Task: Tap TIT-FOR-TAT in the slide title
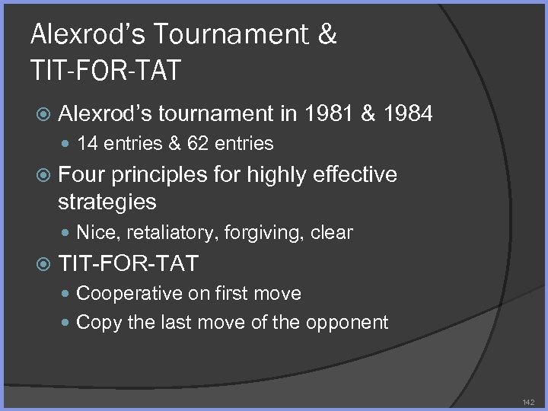click(106, 70)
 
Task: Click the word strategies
click(107, 202)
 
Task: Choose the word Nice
click(95, 232)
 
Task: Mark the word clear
click(331, 232)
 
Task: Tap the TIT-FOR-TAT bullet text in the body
click(128, 264)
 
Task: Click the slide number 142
click(528, 401)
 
